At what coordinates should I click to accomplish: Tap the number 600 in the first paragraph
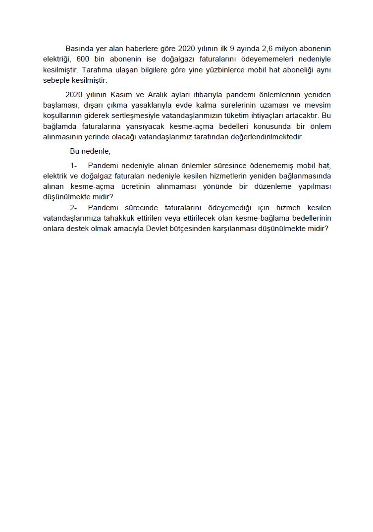pyautogui.click(x=84, y=59)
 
